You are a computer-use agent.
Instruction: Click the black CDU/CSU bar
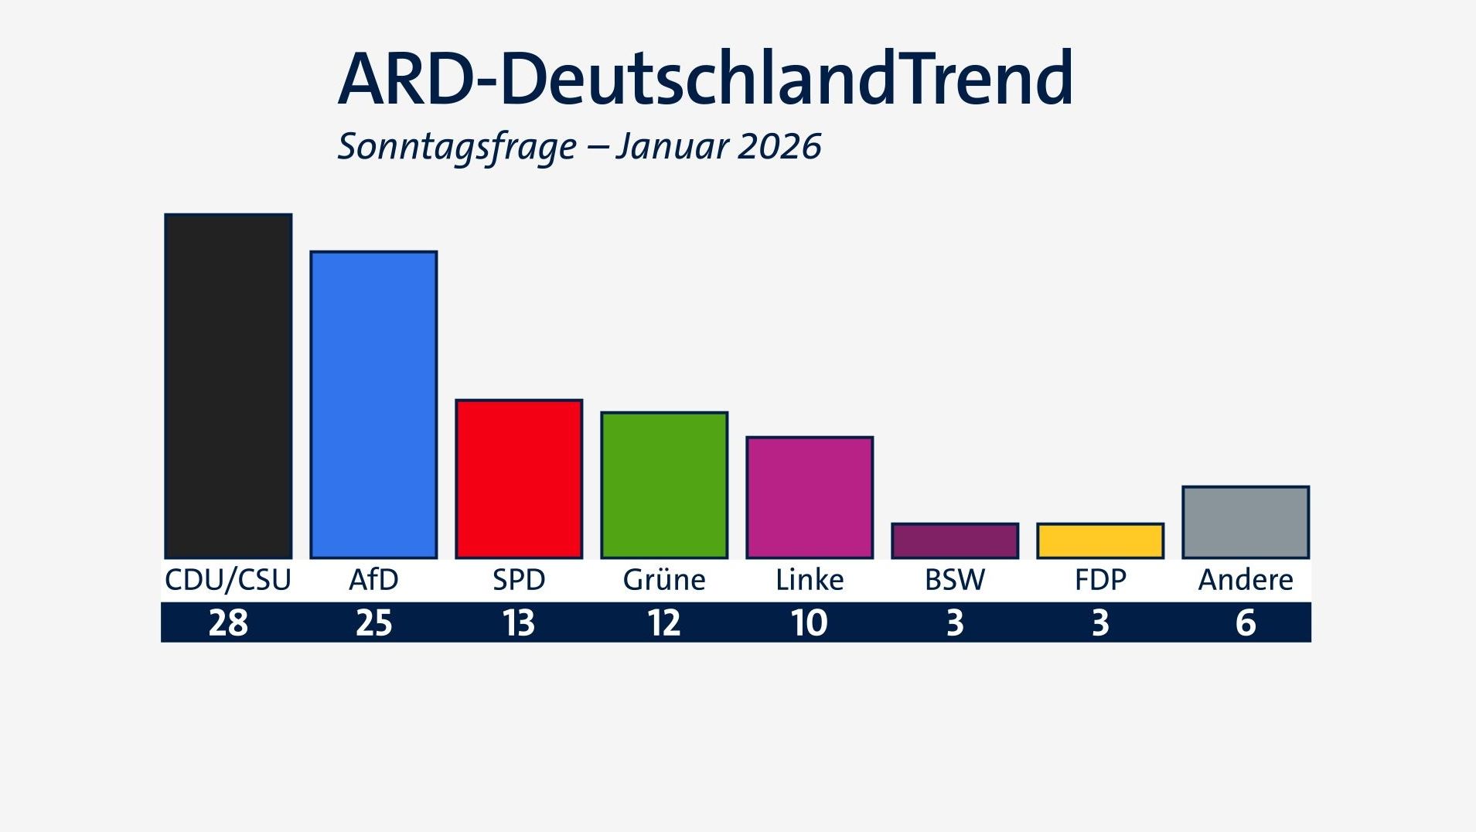pyautogui.click(x=228, y=386)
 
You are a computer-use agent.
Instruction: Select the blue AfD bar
pyautogui.click(x=373, y=404)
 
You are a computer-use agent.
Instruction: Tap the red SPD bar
pyautogui.click(x=519, y=479)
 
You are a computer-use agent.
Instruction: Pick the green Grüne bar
pyautogui.click(x=664, y=485)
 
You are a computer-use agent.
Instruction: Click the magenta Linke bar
pyautogui.click(x=810, y=497)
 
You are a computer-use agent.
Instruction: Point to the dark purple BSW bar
pyautogui.click(x=955, y=540)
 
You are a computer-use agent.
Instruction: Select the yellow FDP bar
pyautogui.click(x=1100, y=540)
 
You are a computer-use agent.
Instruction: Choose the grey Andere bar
pyautogui.click(x=1246, y=522)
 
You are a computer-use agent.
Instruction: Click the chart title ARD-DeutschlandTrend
pyautogui.click(x=705, y=79)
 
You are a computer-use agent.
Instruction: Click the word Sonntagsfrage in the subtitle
pyautogui.click(x=457, y=147)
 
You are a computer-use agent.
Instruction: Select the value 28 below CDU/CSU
pyautogui.click(x=228, y=622)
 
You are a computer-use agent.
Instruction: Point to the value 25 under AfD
pyautogui.click(x=373, y=622)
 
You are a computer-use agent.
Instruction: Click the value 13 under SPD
pyautogui.click(x=519, y=622)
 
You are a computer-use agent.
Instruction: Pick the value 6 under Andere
pyautogui.click(x=1246, y=622)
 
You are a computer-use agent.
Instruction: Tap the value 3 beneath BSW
pyautogui.click(x=955, y=622)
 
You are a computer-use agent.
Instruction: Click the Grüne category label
pyautogui.click(x=664, y=580)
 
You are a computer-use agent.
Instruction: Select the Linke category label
pyautogui.click(x=810, y=580)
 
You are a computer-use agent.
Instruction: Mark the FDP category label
pyautogui.click(x=1100, y=580)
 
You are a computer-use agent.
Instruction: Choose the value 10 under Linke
pyautogui.click(x=810, y=622)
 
